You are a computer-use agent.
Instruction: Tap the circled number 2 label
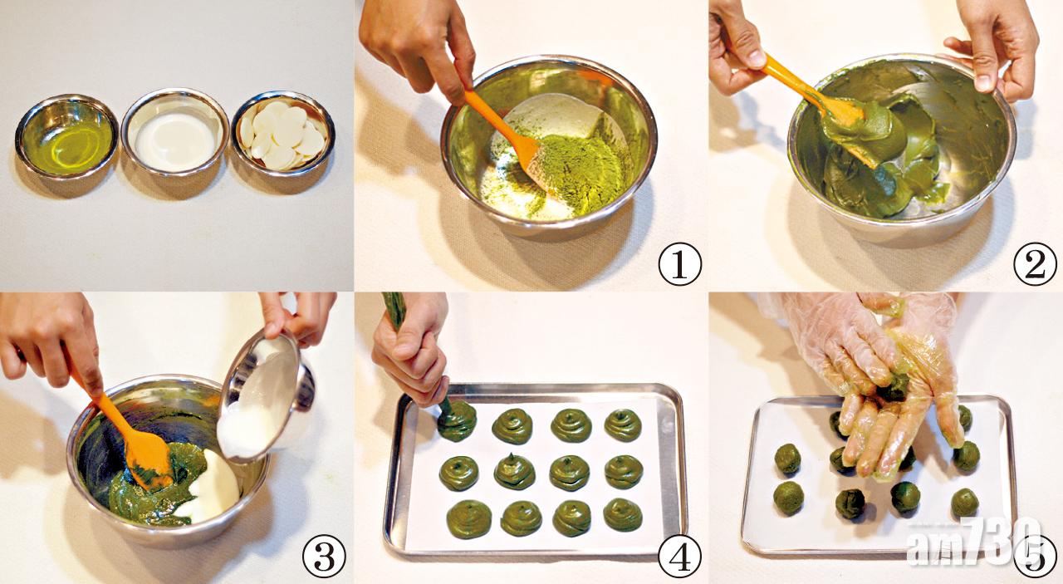coord(1035,264)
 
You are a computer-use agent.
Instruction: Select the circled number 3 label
coord(324,556)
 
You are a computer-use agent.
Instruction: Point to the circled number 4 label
coord(679,556)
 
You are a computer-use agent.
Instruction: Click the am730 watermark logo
coord(972,542)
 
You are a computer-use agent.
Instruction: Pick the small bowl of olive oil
coord(67,137)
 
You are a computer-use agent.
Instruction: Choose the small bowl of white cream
coord(175,132)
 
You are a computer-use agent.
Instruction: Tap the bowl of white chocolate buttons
coord(283,134)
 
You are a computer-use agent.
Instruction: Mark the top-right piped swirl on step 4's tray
coord(623,425)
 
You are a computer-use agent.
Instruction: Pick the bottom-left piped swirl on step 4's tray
coord(469,519)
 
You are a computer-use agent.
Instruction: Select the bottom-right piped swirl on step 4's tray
coord(623,514)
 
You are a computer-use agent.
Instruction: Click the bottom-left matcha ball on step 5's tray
coord(789,498)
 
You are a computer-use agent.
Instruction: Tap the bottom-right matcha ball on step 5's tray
coord(965,503)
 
